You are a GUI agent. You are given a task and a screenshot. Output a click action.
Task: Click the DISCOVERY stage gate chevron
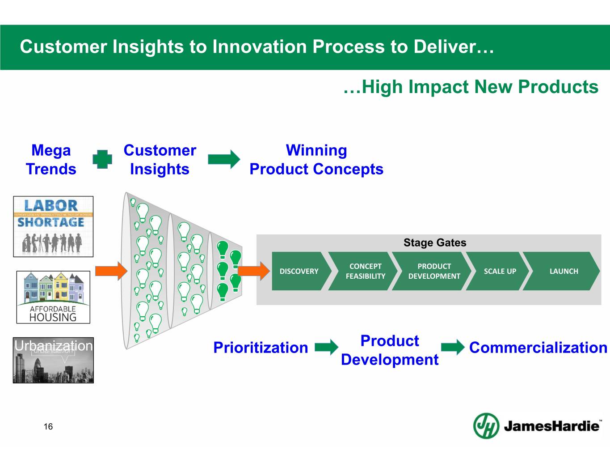coord(299,271)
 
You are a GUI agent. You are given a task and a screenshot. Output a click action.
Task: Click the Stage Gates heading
coord(434,242)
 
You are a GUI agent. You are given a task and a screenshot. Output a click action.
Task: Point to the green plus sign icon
coord(102,159)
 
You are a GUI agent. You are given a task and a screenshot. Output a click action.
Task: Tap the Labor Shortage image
coord(53,226)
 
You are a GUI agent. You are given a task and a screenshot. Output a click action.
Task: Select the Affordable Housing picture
coord(53,297)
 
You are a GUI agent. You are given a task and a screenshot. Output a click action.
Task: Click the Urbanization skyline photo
coord(53,361)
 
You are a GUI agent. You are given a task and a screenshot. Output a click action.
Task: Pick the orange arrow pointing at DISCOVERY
coord(253,271)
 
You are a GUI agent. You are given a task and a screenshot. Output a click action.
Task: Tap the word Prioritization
coord(261,348)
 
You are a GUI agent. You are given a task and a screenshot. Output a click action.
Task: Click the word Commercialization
coord(538,348)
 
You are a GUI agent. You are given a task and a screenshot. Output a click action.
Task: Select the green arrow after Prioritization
coord(326,347)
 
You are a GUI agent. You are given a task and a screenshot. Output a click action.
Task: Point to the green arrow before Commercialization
coord(453,347)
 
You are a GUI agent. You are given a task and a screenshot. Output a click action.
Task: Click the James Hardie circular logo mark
coord(486,425)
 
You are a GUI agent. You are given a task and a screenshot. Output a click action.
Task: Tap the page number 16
coord(48,426)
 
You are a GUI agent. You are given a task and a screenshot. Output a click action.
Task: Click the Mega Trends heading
coord(51,160)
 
